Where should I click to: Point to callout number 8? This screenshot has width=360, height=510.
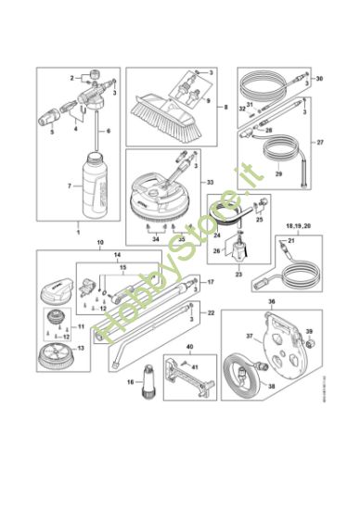coord(225,108)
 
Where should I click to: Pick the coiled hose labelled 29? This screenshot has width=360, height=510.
coord(277,167)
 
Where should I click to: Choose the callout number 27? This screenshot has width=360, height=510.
coord(322,144)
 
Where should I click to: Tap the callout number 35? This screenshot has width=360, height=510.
coord(180,238)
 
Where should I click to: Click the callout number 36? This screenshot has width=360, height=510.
coord(271,301)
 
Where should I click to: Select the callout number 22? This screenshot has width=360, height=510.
coord(212,314)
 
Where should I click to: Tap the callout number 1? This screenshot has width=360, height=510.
coord(78,228)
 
